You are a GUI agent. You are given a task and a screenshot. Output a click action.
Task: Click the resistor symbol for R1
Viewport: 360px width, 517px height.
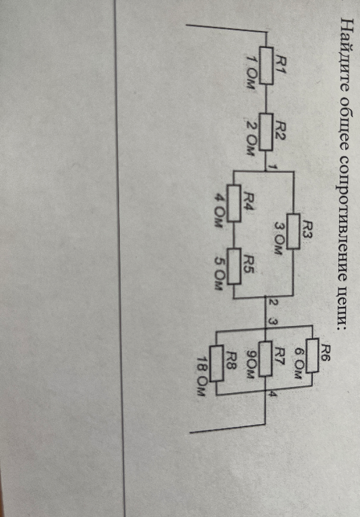click(266, 66)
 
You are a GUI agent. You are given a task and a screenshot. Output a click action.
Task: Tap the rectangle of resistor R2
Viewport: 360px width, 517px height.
click(266, 132)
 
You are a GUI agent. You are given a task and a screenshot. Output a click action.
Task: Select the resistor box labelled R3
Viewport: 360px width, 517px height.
click(294, 231)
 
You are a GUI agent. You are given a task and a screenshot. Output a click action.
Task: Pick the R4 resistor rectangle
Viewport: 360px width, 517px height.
click(234, 203)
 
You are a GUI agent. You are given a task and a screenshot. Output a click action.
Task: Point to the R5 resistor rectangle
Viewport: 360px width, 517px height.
click(235, 266)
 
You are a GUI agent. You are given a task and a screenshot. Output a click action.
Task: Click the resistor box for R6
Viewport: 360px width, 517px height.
click(312, 355)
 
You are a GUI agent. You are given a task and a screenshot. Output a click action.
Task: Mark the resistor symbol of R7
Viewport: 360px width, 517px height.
click(265, 358)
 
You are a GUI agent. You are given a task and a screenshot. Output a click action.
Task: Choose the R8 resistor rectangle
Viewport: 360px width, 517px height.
click(216, 363)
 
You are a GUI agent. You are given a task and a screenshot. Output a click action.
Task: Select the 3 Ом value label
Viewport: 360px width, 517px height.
click(278, 239)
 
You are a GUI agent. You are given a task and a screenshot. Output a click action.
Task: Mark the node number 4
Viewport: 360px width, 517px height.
click(273, 394)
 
